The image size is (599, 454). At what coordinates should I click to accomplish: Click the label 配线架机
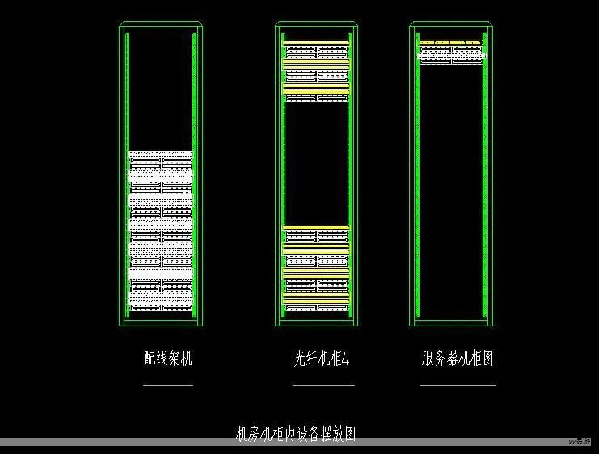pyautogui.click(x=168, y=359)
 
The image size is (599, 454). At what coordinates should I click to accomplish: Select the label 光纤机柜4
pyautogui.click(x=322, y=359)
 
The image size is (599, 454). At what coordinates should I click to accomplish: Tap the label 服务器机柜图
pyautogui.click(x=457, y=359)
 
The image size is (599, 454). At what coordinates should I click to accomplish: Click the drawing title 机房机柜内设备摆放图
pyautogui.click(x=295, y=434)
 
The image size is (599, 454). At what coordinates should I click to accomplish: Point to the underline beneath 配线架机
pyautogui.click(x=168, y=385)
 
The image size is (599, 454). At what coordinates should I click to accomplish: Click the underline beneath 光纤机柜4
pyautogui.click(x=323, y=385)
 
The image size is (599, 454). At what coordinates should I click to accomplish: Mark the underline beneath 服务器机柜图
pyautogui.click(x=458, y=385)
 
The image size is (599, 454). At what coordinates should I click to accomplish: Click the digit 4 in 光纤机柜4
pyautogui.click(x=347, y=359)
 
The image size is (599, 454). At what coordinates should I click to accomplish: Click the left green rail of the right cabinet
pyautogui.click(x=417, y=186)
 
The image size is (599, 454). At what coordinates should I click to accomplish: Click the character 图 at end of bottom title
pyautogui.click(x=349, y=434)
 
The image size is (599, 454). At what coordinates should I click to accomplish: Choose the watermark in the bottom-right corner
pyautogui.click(x=580, y=442)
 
